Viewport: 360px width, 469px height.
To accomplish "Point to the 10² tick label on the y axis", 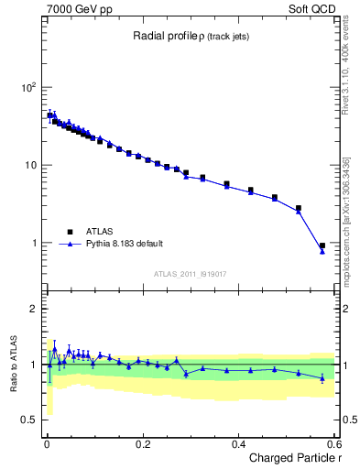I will (27, 87).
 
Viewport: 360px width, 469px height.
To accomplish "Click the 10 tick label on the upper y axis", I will (29, 165).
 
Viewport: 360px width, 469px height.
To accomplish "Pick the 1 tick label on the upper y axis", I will (32, 243).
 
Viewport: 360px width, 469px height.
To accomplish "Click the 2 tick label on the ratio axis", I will (33, 309).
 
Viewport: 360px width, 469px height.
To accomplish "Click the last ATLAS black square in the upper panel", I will (322, 245).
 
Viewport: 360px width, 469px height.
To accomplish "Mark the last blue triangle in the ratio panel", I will (322, 377).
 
